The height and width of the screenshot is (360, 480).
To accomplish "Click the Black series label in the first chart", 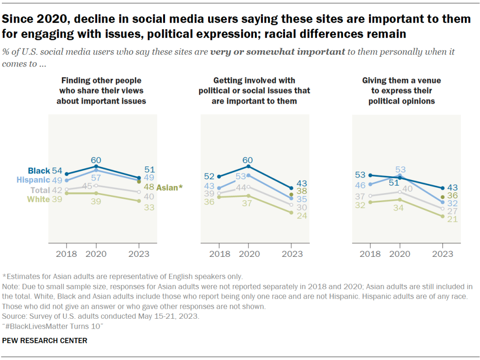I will [39, 171].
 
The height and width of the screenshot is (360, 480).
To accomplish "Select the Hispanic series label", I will [33, 180].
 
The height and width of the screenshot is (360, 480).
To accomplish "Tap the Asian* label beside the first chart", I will [169, 187].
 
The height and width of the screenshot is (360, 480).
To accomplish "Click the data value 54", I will [57, 170].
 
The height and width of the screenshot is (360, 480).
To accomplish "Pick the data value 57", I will [96, 178].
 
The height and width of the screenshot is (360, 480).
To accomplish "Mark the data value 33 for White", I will [149, 207].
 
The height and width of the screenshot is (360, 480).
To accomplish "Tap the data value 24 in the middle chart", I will [303, 217].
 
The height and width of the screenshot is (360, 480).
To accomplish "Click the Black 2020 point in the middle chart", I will [248, 166].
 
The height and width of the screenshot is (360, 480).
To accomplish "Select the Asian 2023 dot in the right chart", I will [442, 197].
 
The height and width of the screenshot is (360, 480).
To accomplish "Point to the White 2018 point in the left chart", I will [67, 193].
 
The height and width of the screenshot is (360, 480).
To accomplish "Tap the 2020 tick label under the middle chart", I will [248, 254].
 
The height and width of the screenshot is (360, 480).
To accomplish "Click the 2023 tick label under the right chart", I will [442, 254].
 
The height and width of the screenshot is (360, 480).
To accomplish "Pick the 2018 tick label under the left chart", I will [66, 254].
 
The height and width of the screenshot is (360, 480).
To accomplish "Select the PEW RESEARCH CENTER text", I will [45, 341].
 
